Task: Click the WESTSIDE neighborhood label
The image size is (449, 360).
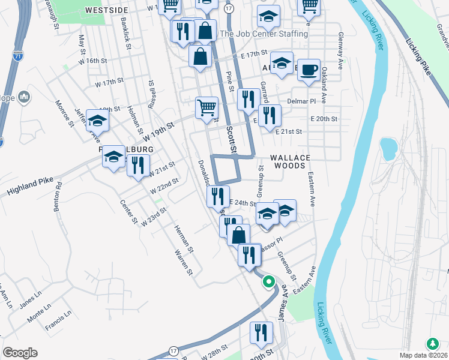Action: click(x=107, y=10)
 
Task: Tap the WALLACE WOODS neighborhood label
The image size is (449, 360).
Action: click(x=290, y=158)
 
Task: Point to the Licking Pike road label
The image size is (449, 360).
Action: click(x=418, y=57)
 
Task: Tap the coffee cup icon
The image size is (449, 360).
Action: click(x=309, y=70)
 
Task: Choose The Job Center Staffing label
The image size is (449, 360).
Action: click(x=264, y=34)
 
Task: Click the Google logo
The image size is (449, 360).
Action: click(x=20, y=352)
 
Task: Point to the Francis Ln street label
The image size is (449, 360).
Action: click(x=58, y=321)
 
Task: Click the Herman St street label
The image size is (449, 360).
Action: click(x=182, y=237)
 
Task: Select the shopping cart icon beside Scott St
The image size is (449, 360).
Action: click(x=206, y=107)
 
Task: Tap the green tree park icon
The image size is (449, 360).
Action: click(x=432, y=344)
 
